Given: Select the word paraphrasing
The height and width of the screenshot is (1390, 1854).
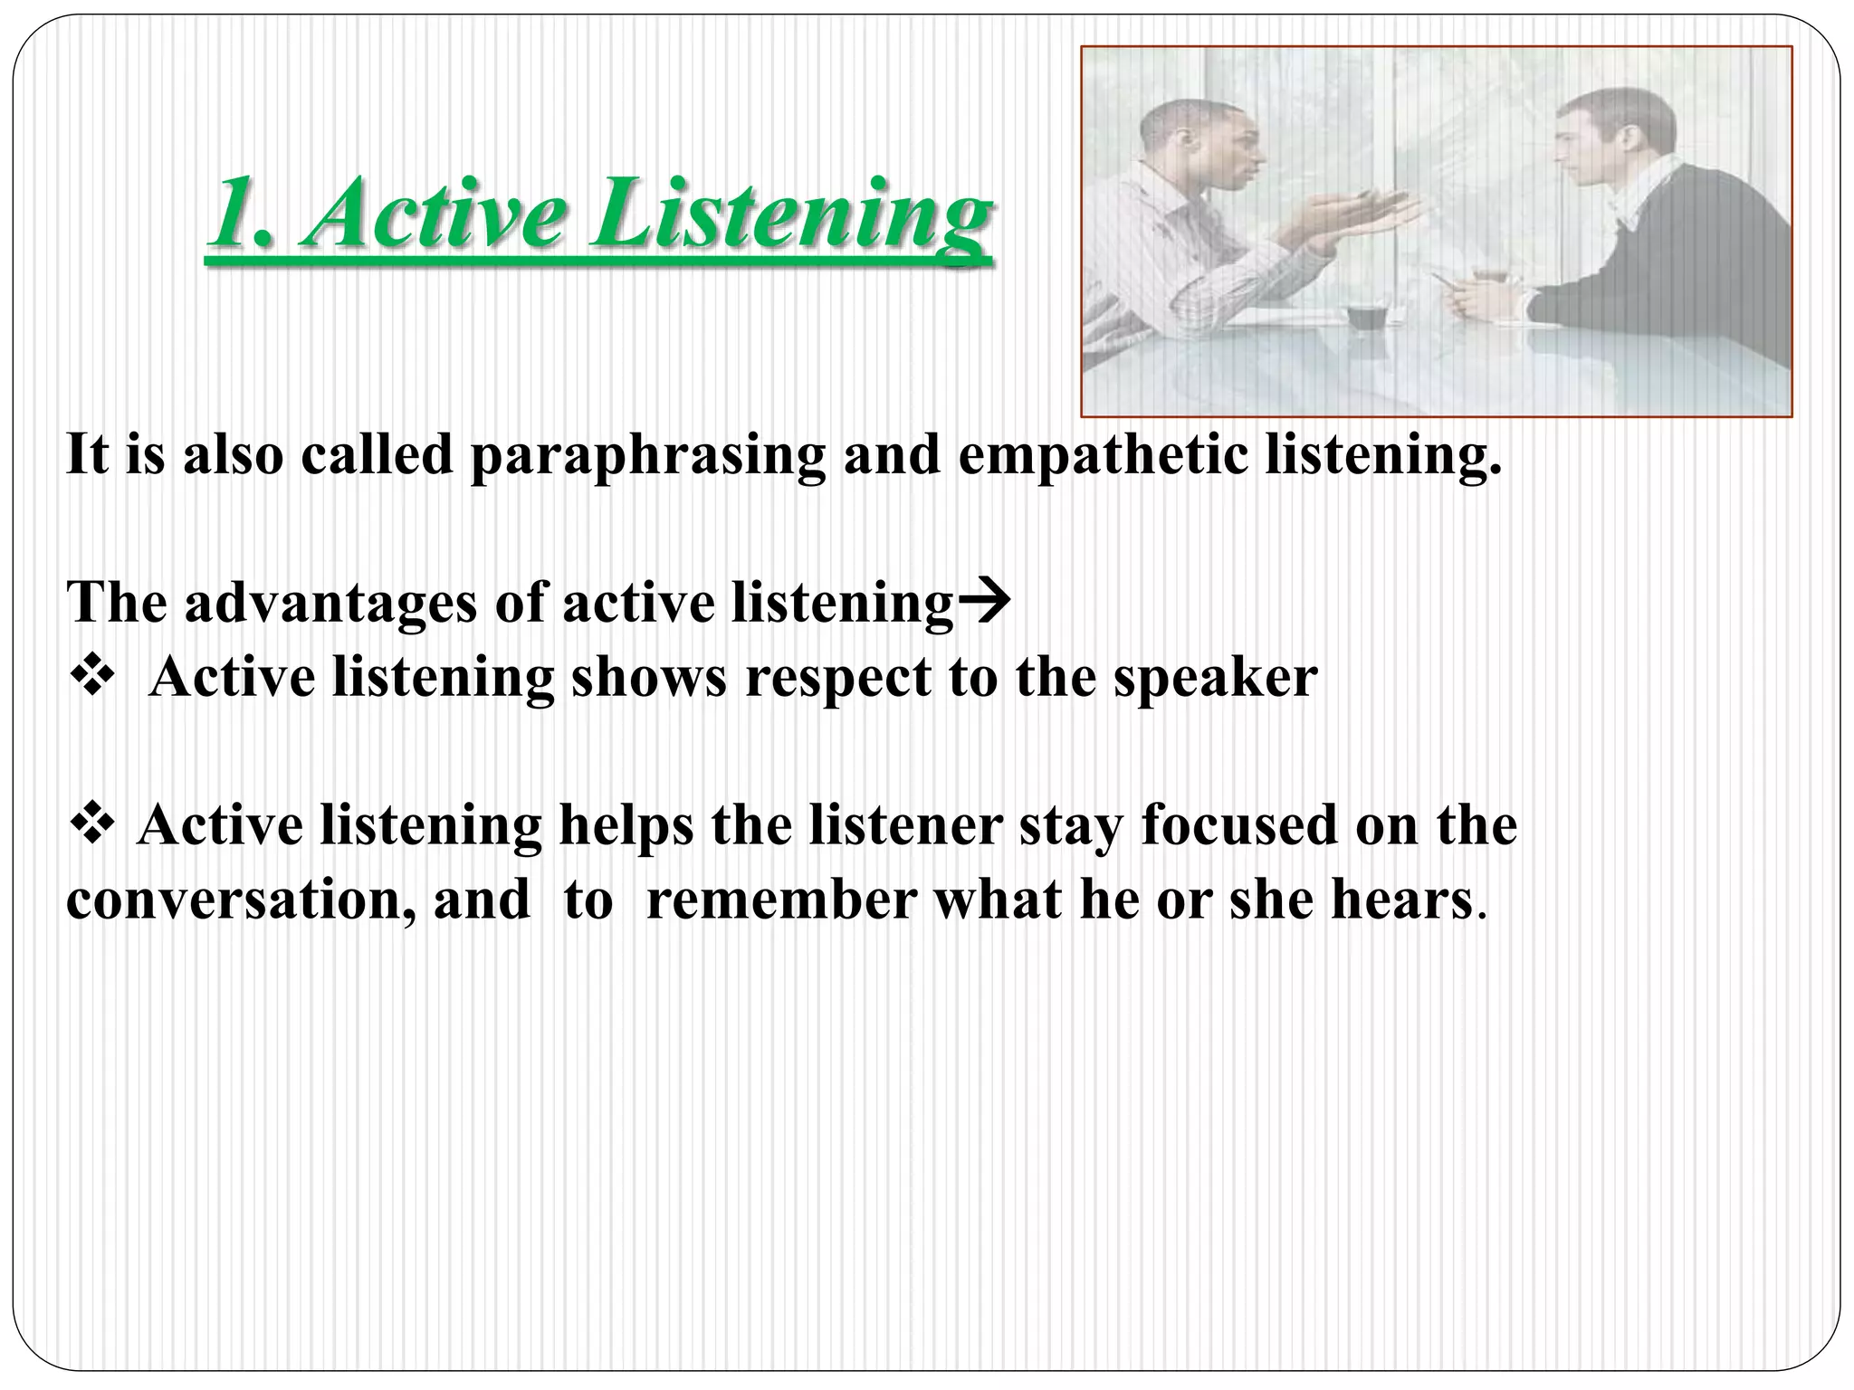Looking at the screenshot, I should (x=647, y=455).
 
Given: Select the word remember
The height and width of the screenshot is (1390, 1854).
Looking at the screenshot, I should (x=781, y=900).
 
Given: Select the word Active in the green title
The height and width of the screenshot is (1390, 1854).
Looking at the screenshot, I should (x=435, y=213).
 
